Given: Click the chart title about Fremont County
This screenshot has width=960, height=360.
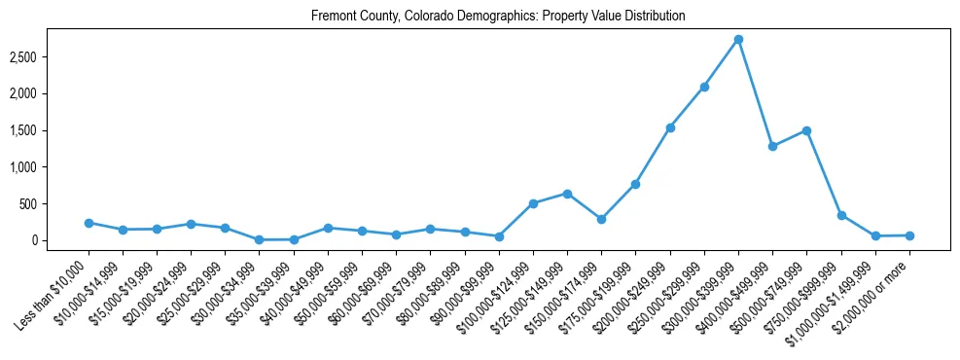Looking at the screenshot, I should pyautogui.click(x=498, y=17).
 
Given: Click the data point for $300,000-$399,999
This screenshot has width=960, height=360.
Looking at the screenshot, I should pyautogui.click(x=738, y=39).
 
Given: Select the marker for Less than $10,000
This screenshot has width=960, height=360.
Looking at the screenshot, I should pyautogui.click(x=89, y=223).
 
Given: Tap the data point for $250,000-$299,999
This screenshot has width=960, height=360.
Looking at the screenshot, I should pyautogui.click(x=704, y=87).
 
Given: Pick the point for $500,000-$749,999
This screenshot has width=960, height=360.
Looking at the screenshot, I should pyautogui.click(x=806, y=130).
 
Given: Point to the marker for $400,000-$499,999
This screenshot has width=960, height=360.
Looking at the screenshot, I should pyautogui.click(x=772, y=146).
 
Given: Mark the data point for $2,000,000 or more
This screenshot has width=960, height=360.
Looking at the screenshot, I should pyautogui.click(x=909, y=235).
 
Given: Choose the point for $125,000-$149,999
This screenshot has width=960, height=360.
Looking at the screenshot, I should pyautogui.click(x=567, y=194).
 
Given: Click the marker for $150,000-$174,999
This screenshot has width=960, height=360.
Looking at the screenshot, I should pyautogui.click(x=601, y=219).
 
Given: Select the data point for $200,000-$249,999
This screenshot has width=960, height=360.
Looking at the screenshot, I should pyautogui.click(x=670, y=127).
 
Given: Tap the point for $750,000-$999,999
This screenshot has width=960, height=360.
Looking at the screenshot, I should pyautogui.click(x=841, y=215).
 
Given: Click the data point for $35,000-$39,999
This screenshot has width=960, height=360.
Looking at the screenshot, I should pyautogui.click(x=294, y=239).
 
